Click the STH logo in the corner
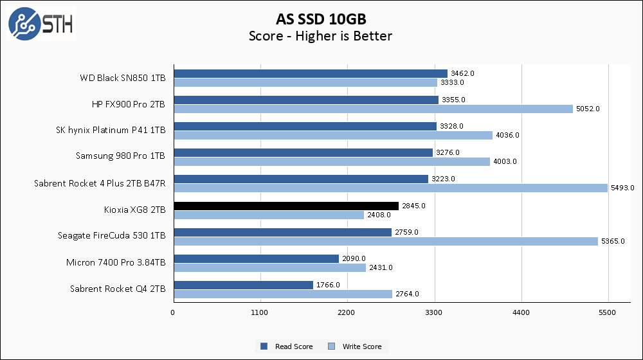(41, 24)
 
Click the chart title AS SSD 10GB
(321, 18)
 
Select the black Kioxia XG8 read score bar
(285, 206)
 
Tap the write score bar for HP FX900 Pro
(373, 109)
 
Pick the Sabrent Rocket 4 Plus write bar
(390, 188)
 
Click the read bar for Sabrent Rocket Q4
(243, 285)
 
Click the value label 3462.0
(462, 73)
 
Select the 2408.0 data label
(378, 215)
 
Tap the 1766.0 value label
(327, 285)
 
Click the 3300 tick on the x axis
(435, 313)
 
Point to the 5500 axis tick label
(608, 313)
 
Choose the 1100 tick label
(260, 313)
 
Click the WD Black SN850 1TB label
(122, 78)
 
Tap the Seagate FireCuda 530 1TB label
(111, 236)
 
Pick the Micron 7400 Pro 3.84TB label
(116, 262)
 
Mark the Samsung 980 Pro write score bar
(332, 161)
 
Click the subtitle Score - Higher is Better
(321, 36)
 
